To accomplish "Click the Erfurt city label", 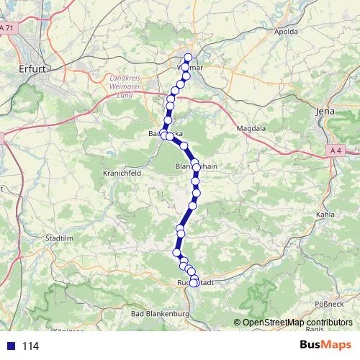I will (32, 69).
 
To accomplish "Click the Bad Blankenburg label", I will (159, 315).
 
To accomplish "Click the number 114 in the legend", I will (30, 346).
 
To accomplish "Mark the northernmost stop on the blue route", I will (189, 58).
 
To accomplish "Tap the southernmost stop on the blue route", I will (194, 283).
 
